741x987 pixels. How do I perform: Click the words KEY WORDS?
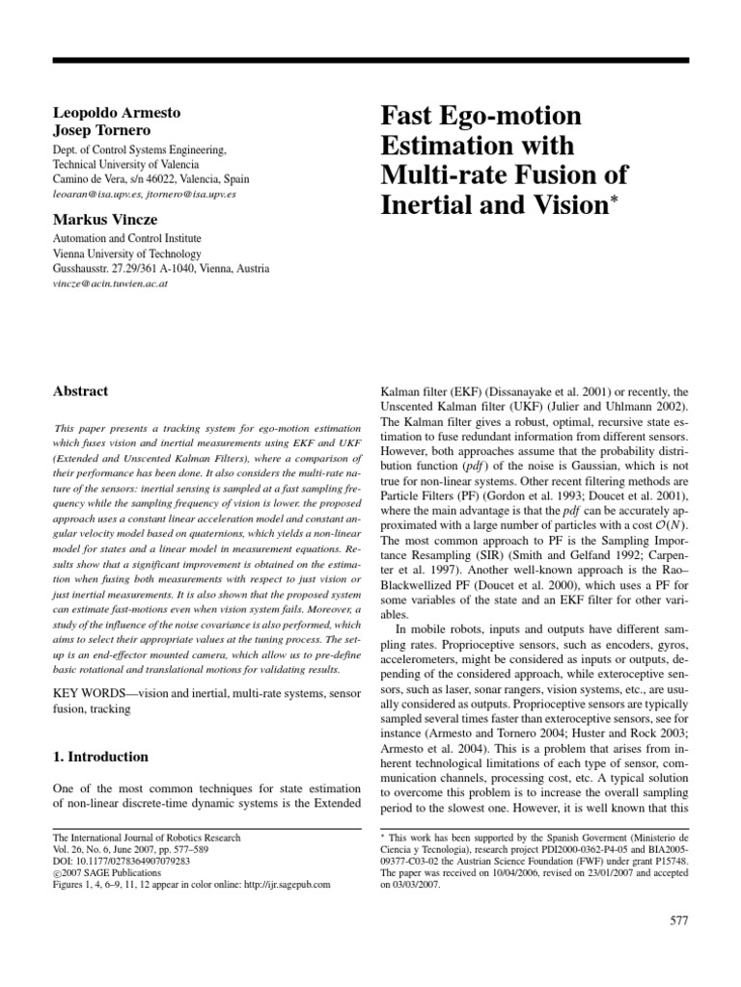click(x=84, y=695)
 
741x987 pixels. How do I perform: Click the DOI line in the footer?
click(x=121, y=863)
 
